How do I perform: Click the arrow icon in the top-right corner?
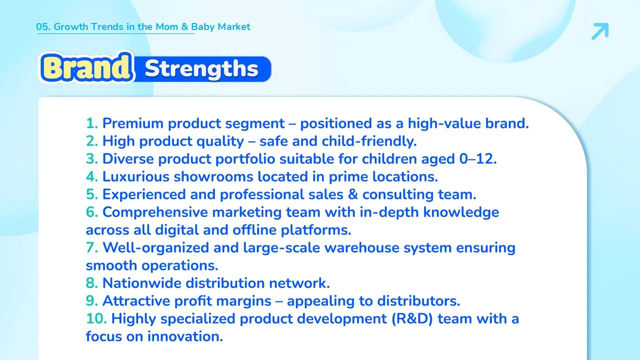click(x=600, y=31)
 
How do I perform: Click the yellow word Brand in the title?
click(x=86, y=67)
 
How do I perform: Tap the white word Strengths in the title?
click(x=201, y=68)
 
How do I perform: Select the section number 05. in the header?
click(x=43, y=26)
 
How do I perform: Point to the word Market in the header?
click(x=233, y=26)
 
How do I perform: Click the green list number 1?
click(x=92, y=123)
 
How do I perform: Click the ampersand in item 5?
click(x=353, y=194)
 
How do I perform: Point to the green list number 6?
click(x=92, y=212)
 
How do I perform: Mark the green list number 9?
click(x=92, y=301)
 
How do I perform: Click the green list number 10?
click(x=96, y=318)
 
